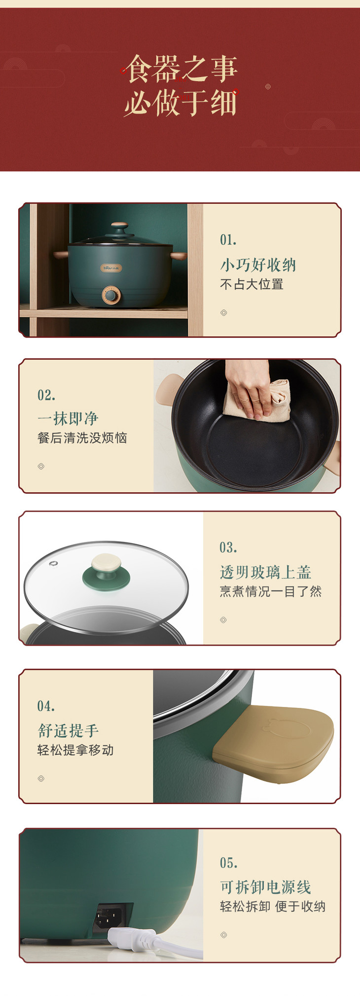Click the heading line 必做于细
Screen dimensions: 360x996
pyautogui.click(x=180, y=103)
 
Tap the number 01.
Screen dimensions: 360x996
pyautogui.click(x=228, y=240)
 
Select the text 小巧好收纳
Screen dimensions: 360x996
pyautogui.click(x=258, y=265)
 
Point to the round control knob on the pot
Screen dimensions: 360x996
pyautogui.click(x=111, y=295)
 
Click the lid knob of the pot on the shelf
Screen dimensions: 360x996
pyautogui.click(x=119, y=229)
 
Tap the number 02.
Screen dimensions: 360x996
pyautogui.click(x=46, y=395)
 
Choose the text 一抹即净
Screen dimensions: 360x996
pyautogui.click(x=68, y=419)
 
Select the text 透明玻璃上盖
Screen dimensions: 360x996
pyautogui.click(x=265, y=572)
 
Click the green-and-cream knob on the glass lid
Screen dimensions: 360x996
pyautogui.click(x=107, y=571)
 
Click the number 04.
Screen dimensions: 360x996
pyautogui.click(x=46, y=706)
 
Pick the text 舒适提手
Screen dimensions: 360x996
pyautogui.click(x=68, y=731)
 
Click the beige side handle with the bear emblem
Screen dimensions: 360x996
pyautogui.click(x=274, y=744)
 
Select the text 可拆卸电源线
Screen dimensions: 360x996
pyautogui.click(x=265, y=887)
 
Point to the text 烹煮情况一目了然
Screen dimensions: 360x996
pyautogui.click(x=270, y=591)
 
